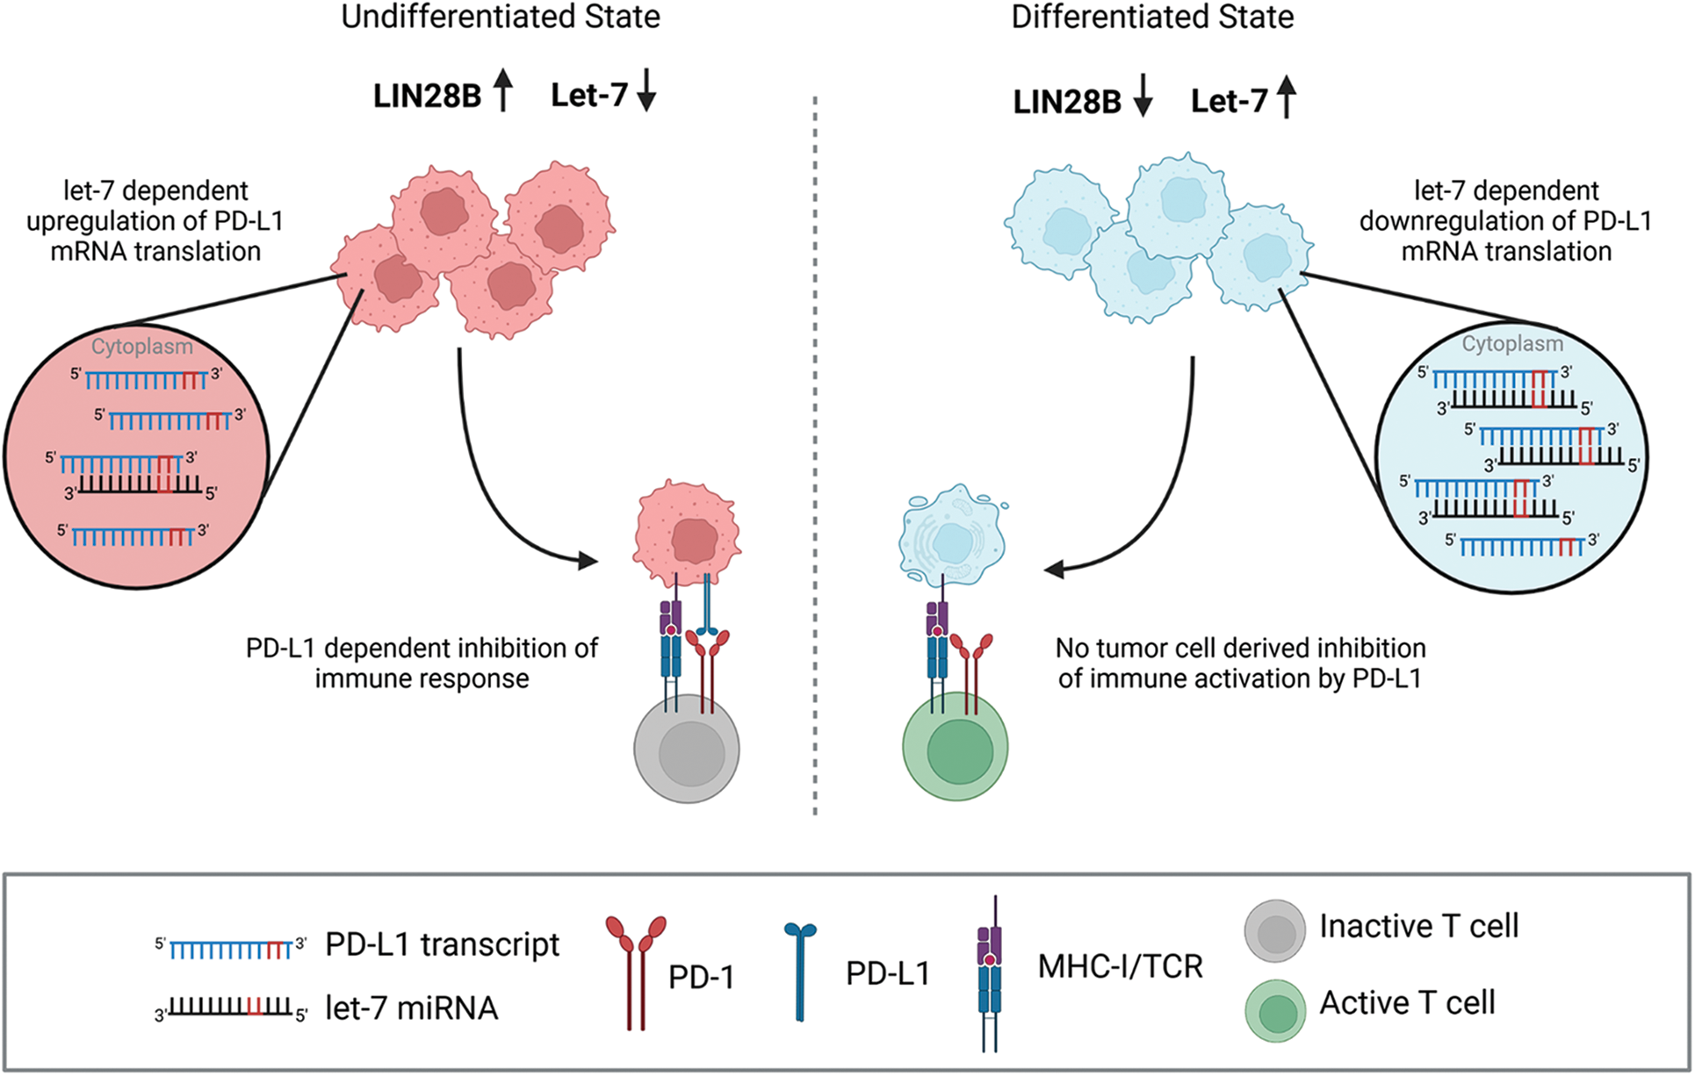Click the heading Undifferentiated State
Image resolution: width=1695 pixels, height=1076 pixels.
[501, 18]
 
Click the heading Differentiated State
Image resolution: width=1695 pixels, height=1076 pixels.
[1152, 18]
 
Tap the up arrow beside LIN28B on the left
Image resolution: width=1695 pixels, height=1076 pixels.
[502, 91]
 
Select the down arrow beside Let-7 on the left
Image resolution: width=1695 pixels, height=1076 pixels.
[646, 91]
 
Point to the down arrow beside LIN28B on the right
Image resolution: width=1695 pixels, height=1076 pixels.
[1142, 97]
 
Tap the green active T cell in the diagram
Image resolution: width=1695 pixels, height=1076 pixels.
[956, 749]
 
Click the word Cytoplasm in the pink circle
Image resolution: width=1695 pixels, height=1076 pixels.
[142, 347]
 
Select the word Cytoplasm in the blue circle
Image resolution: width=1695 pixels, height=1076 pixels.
[1512, 344]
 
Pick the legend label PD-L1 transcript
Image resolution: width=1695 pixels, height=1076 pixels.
[442, 944]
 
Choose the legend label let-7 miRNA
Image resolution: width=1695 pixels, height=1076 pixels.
[411, 1008]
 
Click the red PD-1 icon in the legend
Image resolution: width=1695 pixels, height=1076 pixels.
[636, 970]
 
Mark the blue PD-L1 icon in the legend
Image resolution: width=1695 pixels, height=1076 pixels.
[799, 970]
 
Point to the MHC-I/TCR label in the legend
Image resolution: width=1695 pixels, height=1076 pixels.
[1120, 966]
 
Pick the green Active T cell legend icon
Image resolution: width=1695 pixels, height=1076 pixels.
[1274, 1010]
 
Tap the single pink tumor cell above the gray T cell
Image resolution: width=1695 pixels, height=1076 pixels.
[687, 532]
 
